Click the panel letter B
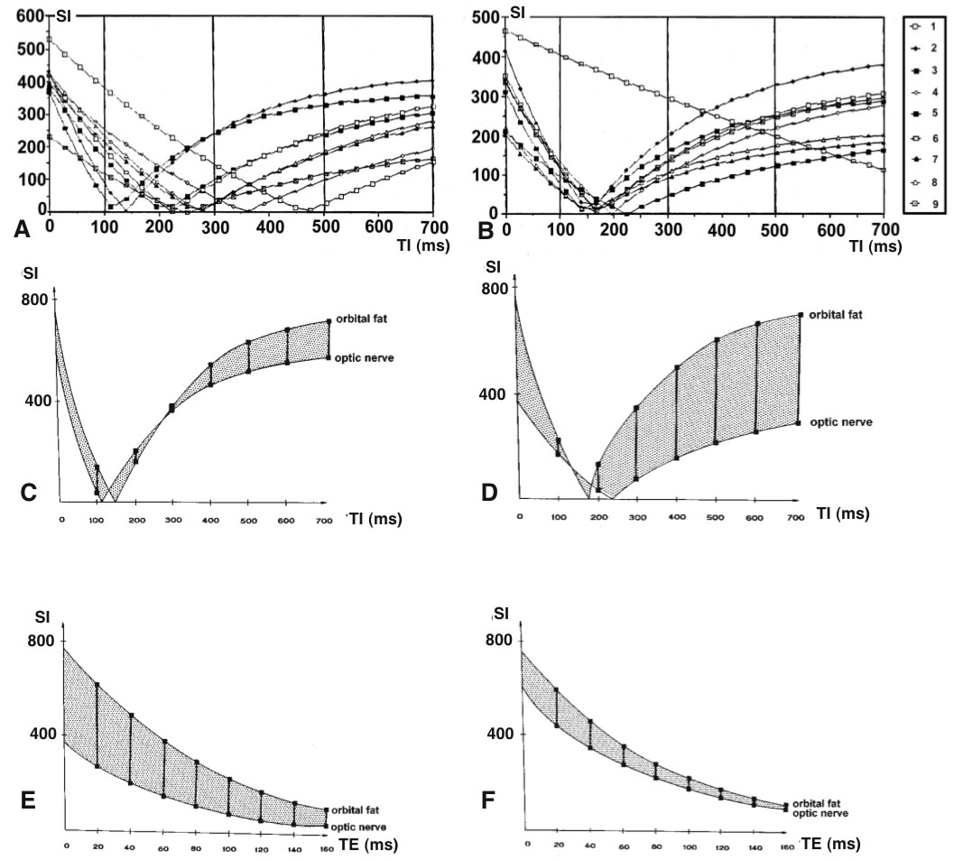pyautogui.click(x=484, y=230)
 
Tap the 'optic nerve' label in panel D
pyautogui.click(x=839, y=422)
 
